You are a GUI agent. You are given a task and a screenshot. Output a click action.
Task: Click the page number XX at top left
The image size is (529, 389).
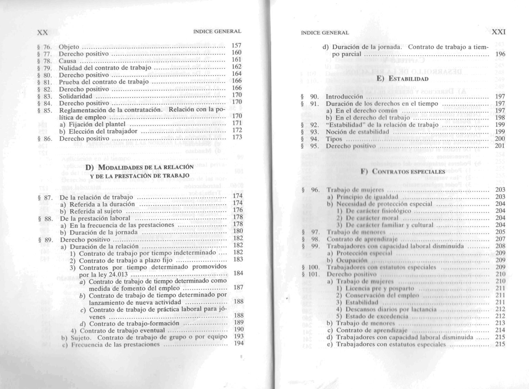42,32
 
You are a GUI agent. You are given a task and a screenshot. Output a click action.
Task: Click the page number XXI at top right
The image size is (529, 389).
498,32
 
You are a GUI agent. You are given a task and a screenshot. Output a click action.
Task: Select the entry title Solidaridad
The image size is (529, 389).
75,96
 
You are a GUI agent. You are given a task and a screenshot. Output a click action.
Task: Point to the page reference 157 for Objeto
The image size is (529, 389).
237,45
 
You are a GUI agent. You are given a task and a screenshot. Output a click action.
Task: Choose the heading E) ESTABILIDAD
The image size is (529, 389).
403,79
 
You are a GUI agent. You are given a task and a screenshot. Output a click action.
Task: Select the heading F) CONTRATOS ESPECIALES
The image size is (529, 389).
403,171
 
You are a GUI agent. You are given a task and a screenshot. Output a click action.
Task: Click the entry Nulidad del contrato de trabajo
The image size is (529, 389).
105,68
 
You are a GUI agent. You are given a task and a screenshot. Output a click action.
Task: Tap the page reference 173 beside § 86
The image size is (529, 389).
237,137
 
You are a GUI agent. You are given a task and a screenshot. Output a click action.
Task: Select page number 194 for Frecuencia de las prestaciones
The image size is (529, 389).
238,343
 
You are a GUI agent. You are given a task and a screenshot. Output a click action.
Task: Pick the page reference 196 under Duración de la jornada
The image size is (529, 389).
500,54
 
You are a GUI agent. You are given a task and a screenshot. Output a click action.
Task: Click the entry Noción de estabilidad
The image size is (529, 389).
357,132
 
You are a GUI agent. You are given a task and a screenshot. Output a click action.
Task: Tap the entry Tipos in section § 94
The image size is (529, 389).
334,139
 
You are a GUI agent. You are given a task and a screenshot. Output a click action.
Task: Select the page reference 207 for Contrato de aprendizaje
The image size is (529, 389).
500,239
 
